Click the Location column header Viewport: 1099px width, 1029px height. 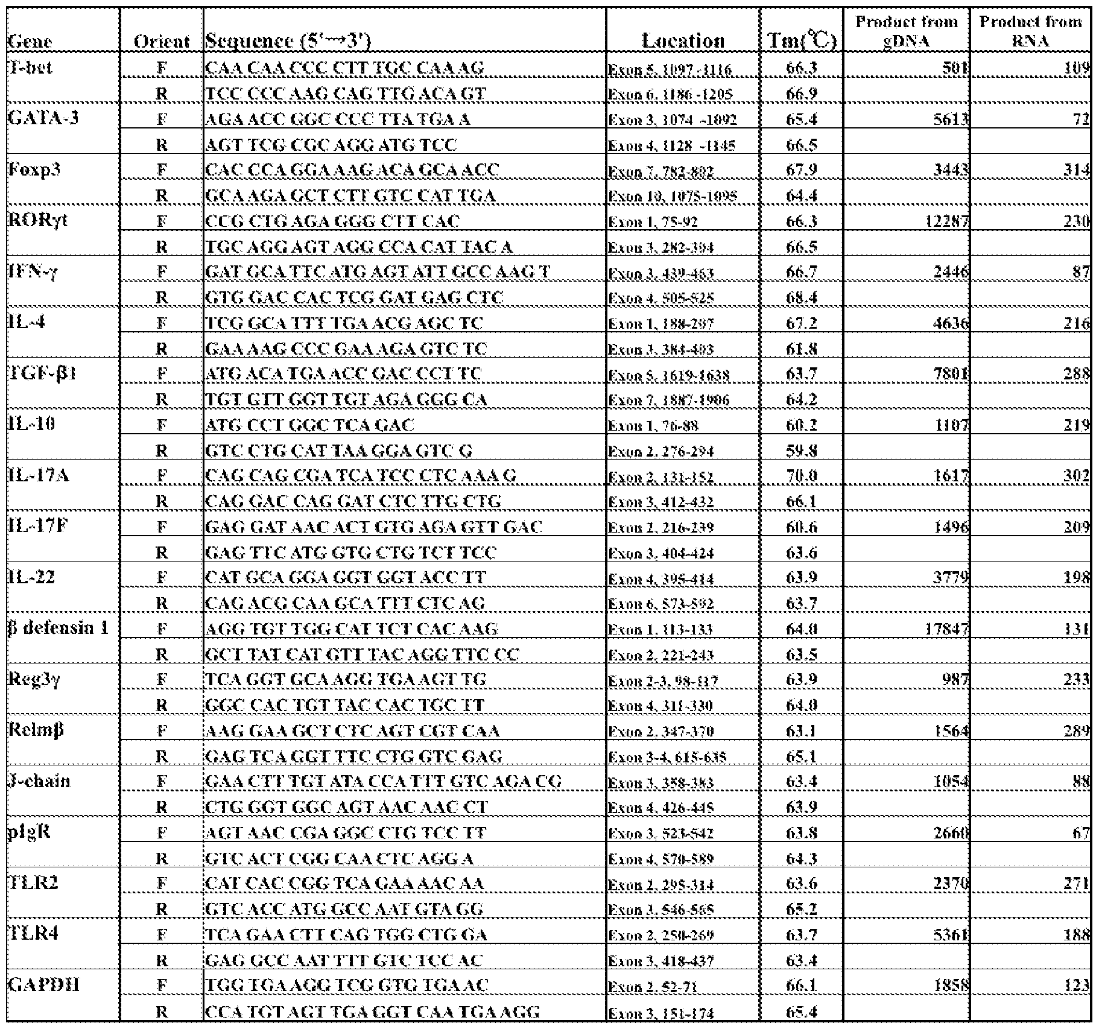tap(683, 40)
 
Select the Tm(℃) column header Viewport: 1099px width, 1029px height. tap(802, 40)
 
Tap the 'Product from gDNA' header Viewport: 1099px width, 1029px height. tap(906, 31)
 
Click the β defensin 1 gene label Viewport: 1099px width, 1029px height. tap(59, 628)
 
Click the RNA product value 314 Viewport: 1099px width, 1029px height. tap(1075, 171)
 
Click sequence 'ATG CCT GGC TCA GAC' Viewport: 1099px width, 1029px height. tap(310, 425)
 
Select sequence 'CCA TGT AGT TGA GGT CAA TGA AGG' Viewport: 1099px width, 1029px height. tap(372, 1012)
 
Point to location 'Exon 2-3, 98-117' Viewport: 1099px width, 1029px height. tap(662, 681)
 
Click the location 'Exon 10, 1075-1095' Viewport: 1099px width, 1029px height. tap(672, 197)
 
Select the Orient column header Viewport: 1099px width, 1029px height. tap(162, 40)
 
